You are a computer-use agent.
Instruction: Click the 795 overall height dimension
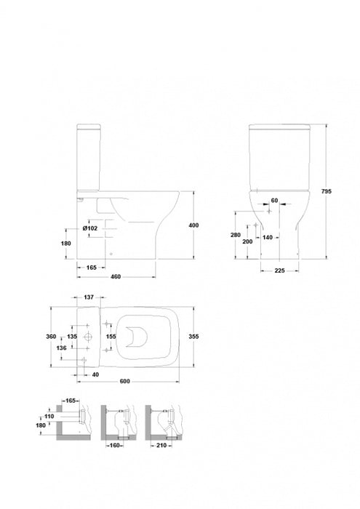327,191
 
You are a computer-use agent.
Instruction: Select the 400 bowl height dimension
193,225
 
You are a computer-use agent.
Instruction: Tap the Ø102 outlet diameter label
90,228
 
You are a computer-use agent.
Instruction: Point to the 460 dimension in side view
116,277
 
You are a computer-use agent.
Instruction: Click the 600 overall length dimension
125,382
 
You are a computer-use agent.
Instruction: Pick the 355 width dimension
193,337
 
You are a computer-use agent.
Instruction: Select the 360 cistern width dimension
51,337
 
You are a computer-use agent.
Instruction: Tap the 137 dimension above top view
89,297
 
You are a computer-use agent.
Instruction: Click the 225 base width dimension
279,270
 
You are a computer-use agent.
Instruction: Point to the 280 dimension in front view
236,235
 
